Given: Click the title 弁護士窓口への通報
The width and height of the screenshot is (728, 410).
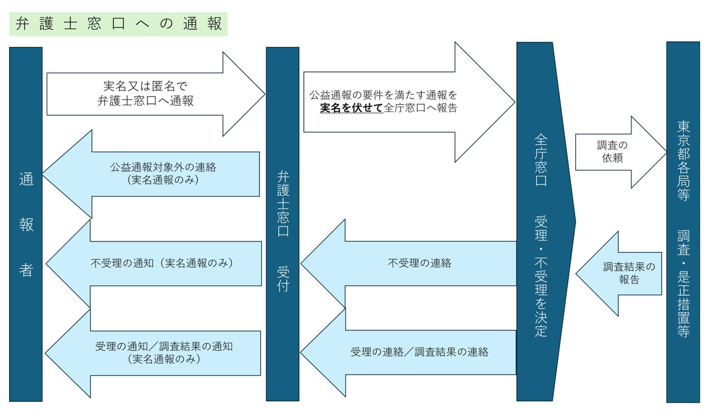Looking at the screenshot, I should click(x=118, y=24).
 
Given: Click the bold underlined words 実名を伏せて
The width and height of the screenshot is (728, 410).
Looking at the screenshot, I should click(x=351, y=108).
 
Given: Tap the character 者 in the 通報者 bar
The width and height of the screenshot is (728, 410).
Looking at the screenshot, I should click(x=26, y=270).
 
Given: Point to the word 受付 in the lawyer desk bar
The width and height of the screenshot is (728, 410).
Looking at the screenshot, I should click(x=283, y=279).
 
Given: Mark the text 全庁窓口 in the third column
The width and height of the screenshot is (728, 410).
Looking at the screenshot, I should click(x=541, y=160).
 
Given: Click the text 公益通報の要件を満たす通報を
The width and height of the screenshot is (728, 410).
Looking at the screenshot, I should click(x=383, y=95).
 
